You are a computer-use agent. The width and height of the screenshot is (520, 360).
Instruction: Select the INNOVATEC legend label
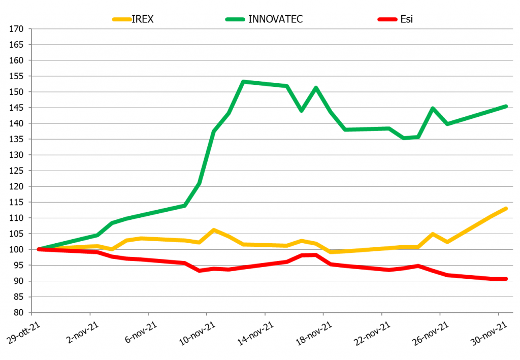pos(276,19)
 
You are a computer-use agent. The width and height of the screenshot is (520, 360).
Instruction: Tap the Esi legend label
pos(406,19)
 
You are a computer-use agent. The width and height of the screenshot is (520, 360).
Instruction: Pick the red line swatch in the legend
pos(387,20)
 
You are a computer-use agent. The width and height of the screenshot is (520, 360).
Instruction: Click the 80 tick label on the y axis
pos(19,313)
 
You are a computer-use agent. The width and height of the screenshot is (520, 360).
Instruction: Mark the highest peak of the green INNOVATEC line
pos(243,82)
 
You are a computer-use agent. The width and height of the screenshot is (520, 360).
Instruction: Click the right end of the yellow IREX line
pos(506,209)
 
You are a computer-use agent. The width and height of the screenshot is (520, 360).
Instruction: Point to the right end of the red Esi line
pos(506,279)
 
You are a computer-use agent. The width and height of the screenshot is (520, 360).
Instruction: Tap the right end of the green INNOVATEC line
pos(506,106)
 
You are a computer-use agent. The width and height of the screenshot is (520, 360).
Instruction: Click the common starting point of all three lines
pos(39,249)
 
